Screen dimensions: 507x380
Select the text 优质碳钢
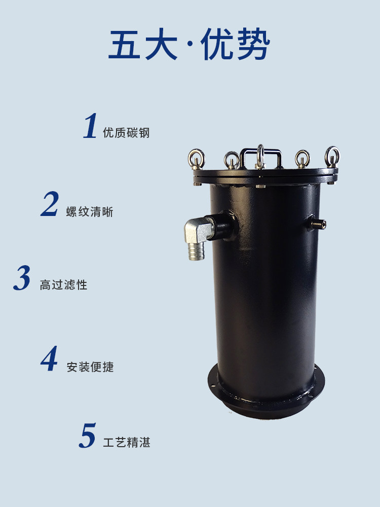tap(126, 133)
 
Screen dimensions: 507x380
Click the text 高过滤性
tap(63, 285)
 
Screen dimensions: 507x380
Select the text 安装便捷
tap(90, 367)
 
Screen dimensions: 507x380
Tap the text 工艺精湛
tap(127, 443)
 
